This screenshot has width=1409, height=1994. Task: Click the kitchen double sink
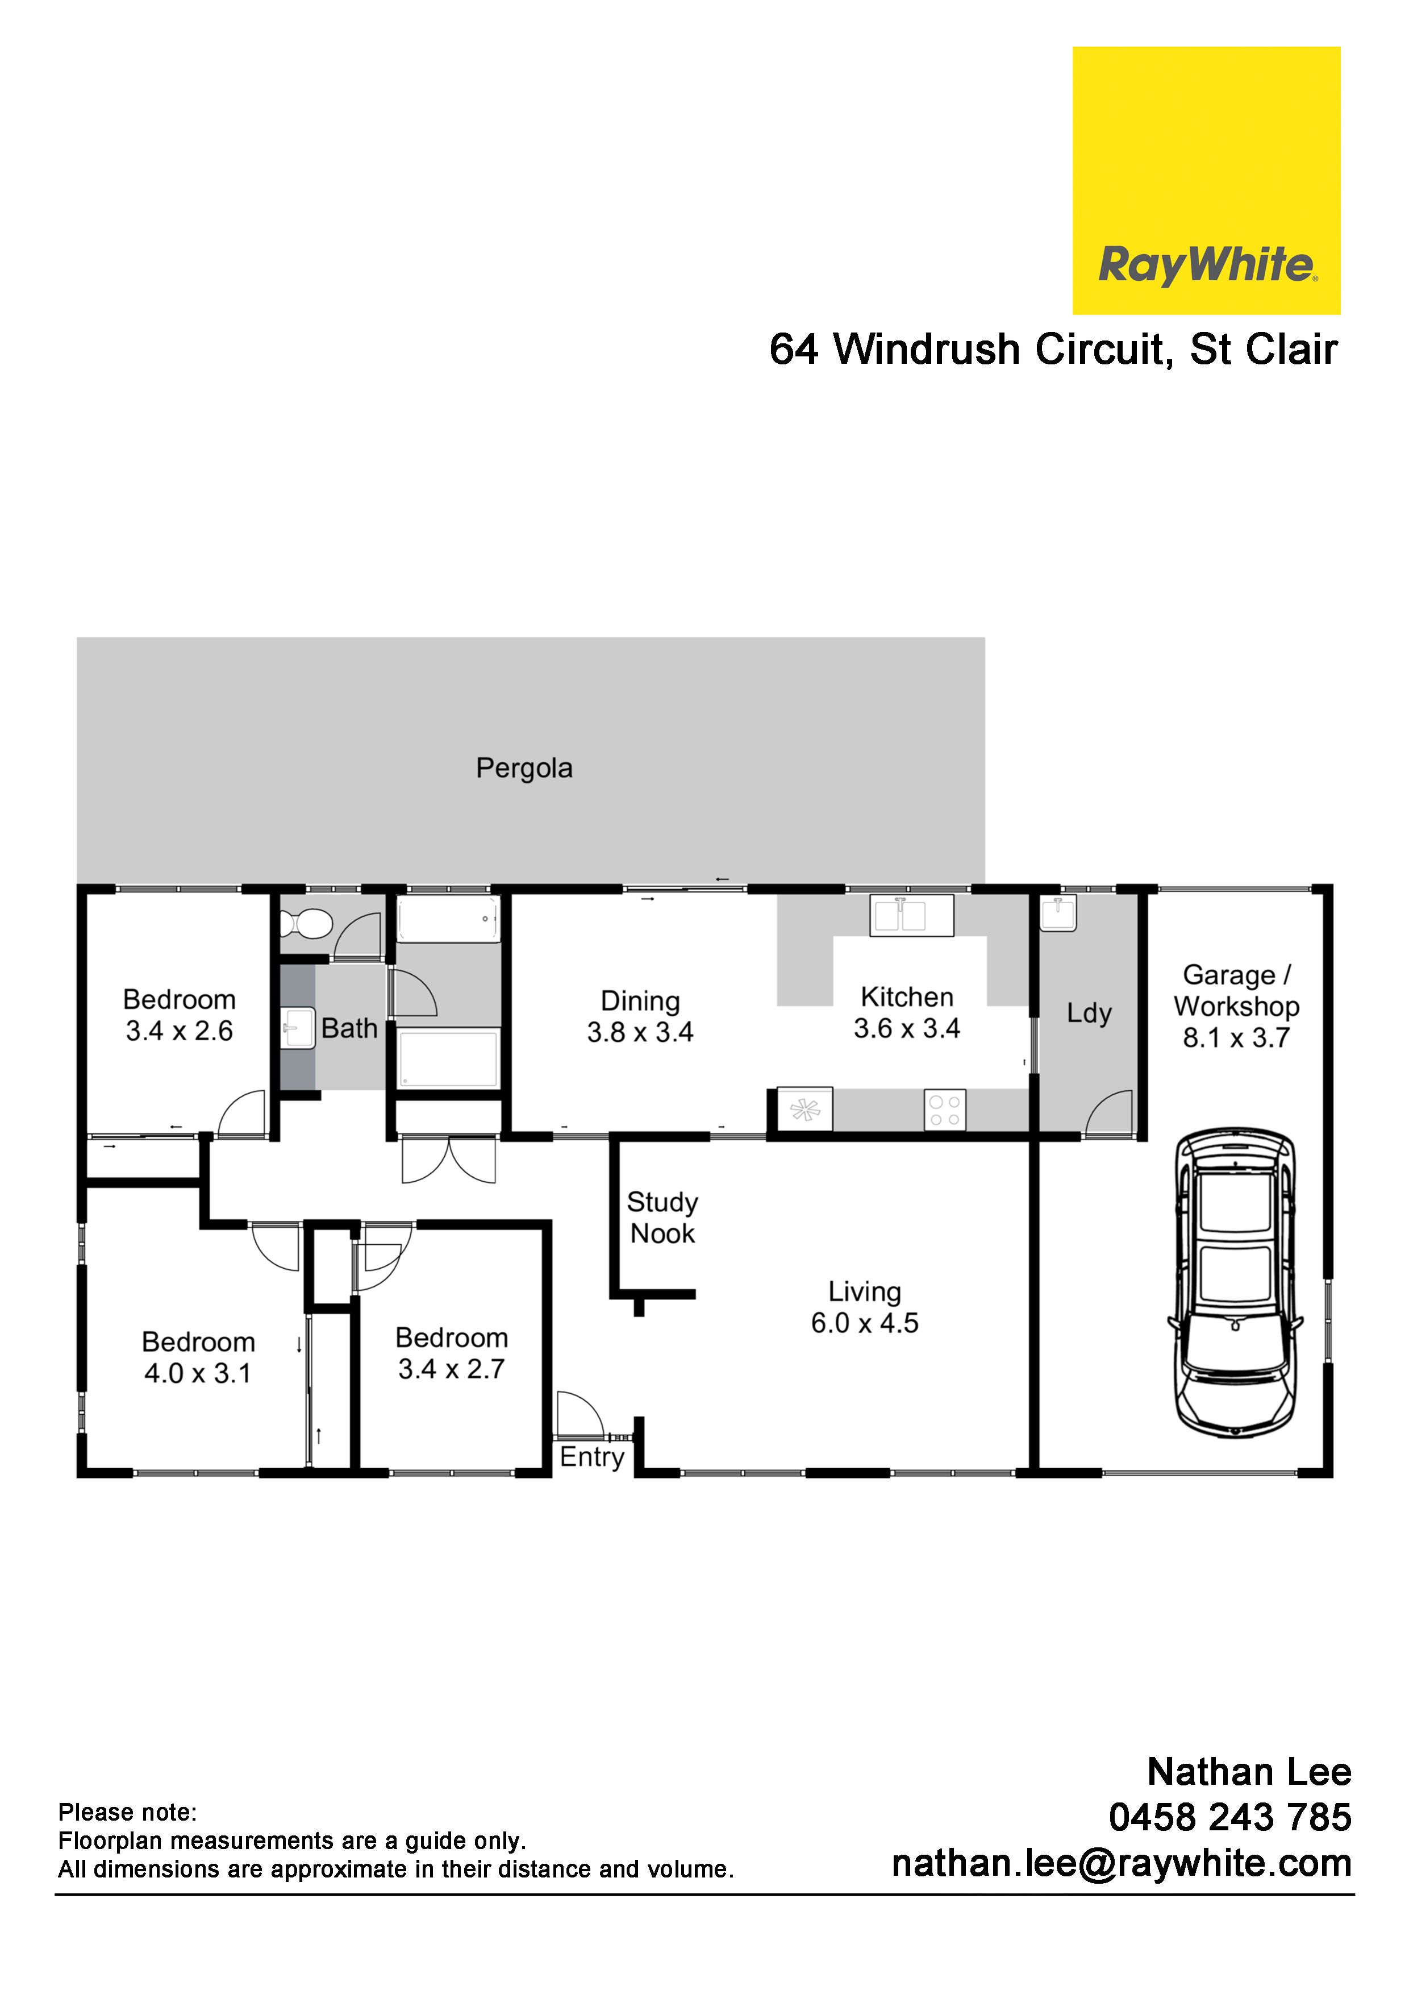click(x=911, y=915)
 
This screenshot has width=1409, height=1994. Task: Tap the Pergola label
click(x=524, y=768)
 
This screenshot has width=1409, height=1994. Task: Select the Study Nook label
click(x=662, y=1218)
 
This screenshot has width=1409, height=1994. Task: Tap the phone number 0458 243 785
click(x=1230, y=1817)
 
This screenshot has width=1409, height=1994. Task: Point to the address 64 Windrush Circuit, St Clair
click(x=1053, y=349)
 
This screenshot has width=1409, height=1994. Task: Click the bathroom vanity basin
click(x=298, y=1028)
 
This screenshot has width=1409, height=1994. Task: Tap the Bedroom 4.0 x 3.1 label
click(x=198, y=1357)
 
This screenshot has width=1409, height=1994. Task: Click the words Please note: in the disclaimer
click(x=128, y=1813)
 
